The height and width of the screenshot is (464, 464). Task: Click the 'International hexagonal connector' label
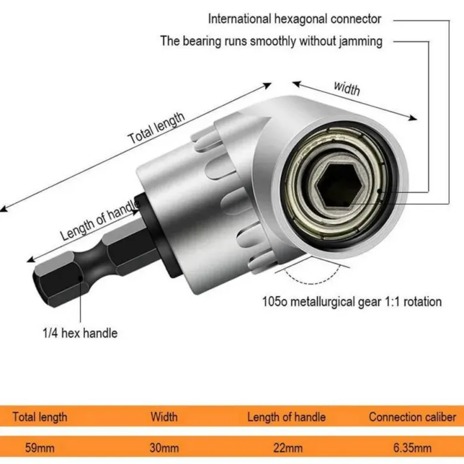(x=295, y=19)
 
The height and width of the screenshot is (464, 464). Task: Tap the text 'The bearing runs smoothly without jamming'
(x=271, y=42)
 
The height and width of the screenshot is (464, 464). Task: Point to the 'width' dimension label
(x=346, y=88)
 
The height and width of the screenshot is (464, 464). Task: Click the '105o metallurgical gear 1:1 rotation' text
(x=352, y=301)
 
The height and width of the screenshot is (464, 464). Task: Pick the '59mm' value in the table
(x=40, y=448)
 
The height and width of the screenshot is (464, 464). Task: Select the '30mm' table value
(x=164, y=448)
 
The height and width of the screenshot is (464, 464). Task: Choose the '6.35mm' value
(x=412, y=448)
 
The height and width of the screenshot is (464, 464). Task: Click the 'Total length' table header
(x=40, y=416)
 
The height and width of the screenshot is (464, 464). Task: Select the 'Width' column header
(x=164, y=416)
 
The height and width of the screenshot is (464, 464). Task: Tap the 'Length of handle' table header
(x=286, y=416)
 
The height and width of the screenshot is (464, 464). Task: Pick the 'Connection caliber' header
(x=412, y=416)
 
